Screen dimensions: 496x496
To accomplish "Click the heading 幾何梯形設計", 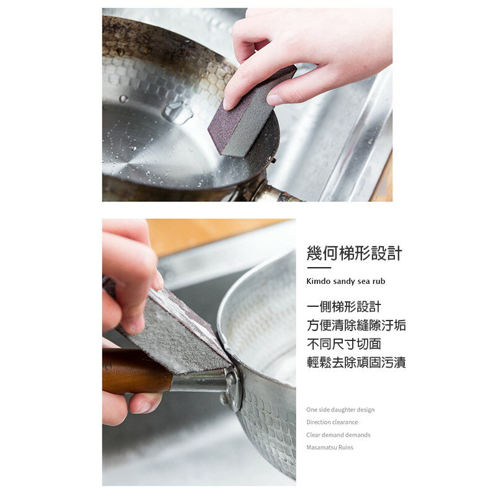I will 354,253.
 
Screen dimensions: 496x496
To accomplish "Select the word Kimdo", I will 319,281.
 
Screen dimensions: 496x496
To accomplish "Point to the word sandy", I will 345,281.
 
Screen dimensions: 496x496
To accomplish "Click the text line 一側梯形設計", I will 344,307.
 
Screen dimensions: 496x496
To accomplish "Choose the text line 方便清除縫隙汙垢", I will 356,325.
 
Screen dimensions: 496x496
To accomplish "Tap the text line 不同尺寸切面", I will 344,344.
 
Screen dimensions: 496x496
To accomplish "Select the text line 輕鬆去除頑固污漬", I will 356,363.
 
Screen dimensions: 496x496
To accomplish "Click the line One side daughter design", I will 340,410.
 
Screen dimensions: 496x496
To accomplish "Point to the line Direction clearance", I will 332,422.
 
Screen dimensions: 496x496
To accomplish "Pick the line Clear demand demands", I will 339,435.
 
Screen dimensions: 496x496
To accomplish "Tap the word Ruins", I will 346,447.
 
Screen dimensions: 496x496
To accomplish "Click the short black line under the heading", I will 319,268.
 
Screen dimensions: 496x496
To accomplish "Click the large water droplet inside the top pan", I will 177,112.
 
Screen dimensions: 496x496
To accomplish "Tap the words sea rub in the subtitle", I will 372,281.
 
